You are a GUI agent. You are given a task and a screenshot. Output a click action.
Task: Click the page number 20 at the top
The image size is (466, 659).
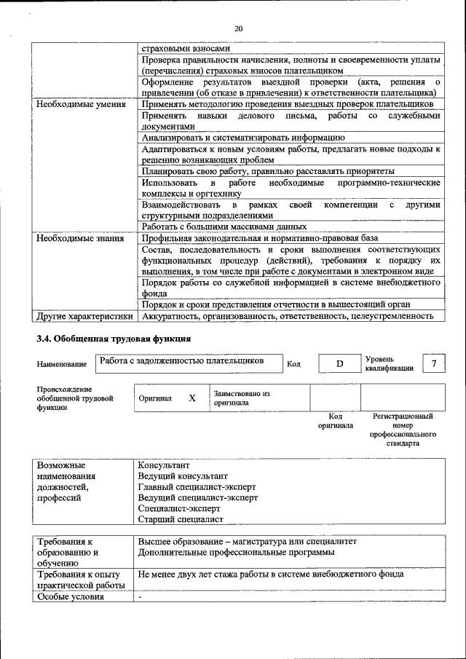(x=237, y=28)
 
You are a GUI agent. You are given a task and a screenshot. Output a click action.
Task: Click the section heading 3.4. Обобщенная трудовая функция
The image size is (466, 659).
(x=114, y=339)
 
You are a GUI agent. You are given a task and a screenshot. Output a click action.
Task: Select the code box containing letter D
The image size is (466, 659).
(x=339, y=363)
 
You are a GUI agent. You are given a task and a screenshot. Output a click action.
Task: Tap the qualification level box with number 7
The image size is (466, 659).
(x=434, y=363)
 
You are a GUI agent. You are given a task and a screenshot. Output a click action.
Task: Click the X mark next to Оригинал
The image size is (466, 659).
(x=192, y=398)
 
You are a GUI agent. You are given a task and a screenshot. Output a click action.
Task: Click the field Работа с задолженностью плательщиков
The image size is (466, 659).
(x=181, y=360)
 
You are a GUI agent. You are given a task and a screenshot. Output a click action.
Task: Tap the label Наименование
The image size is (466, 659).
(x=61, y=364)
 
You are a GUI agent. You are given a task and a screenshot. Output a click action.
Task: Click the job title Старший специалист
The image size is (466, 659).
(x=180, y=519)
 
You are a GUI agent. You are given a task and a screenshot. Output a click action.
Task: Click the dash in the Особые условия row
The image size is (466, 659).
(x=140, y=597)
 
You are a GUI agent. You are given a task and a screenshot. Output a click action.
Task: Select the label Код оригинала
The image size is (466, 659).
(x=335, y=421)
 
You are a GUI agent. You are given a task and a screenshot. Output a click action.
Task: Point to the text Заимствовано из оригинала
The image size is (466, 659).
(x=241, y=398)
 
